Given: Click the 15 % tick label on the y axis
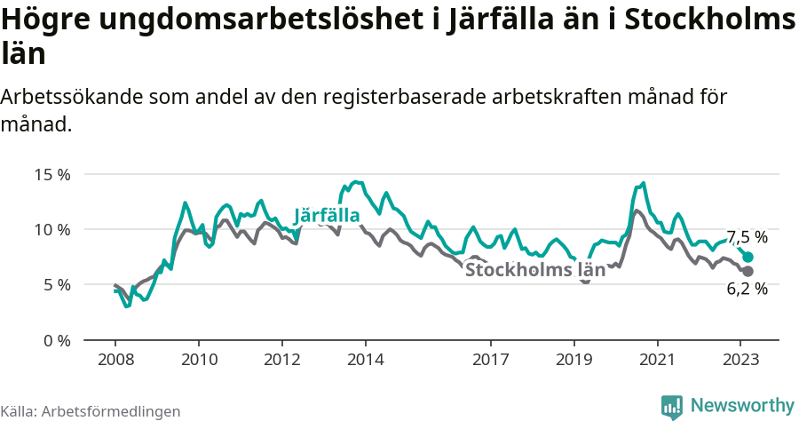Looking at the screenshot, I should pyautogui.click(x=51, y=174).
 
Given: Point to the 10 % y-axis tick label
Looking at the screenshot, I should pyautogui.click(x=51, y=229).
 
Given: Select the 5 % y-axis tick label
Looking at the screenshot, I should pyautogui.click(x=56, y=285).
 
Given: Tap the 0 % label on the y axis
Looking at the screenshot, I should pyautogui.click(x=56, y=340).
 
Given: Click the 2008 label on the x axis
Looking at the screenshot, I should pyautogui.click(x=115, y=360).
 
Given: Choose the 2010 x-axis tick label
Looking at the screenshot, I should pyautogui.click(x=199, y=360).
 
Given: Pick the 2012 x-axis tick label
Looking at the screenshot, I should pyautogui.click(x=282, y=360).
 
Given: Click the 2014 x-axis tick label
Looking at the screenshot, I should pyautogui.click(x=366, y=360).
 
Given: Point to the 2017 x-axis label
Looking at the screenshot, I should pyautogui.click(x=490, y=360).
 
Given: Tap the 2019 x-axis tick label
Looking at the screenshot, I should pyautogui.click(x=574, y=360).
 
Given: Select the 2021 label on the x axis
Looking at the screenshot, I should pyautogui.click(x=657, y=360).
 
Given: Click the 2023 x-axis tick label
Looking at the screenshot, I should pyautogui.click(x=740, y=360).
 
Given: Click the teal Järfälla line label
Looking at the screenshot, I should pyautogui.click(x=327, y=216).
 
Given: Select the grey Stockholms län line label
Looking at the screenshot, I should pyautogui.click(x=535, y=270).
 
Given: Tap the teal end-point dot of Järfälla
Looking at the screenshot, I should pyautogui.click(x=748, y=257).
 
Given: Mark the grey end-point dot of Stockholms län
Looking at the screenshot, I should pyautogui.click(x=748, y=271).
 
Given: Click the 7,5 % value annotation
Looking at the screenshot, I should pyautogui.click(x=747, y=237).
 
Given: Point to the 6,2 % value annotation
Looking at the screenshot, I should pyautogui.click(x=747, y=289).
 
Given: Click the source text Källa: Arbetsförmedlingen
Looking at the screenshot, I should pyautogui.click(x=91, y=411).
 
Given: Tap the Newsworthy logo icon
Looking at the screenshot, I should pyautogui.click(x=672, y=406).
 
